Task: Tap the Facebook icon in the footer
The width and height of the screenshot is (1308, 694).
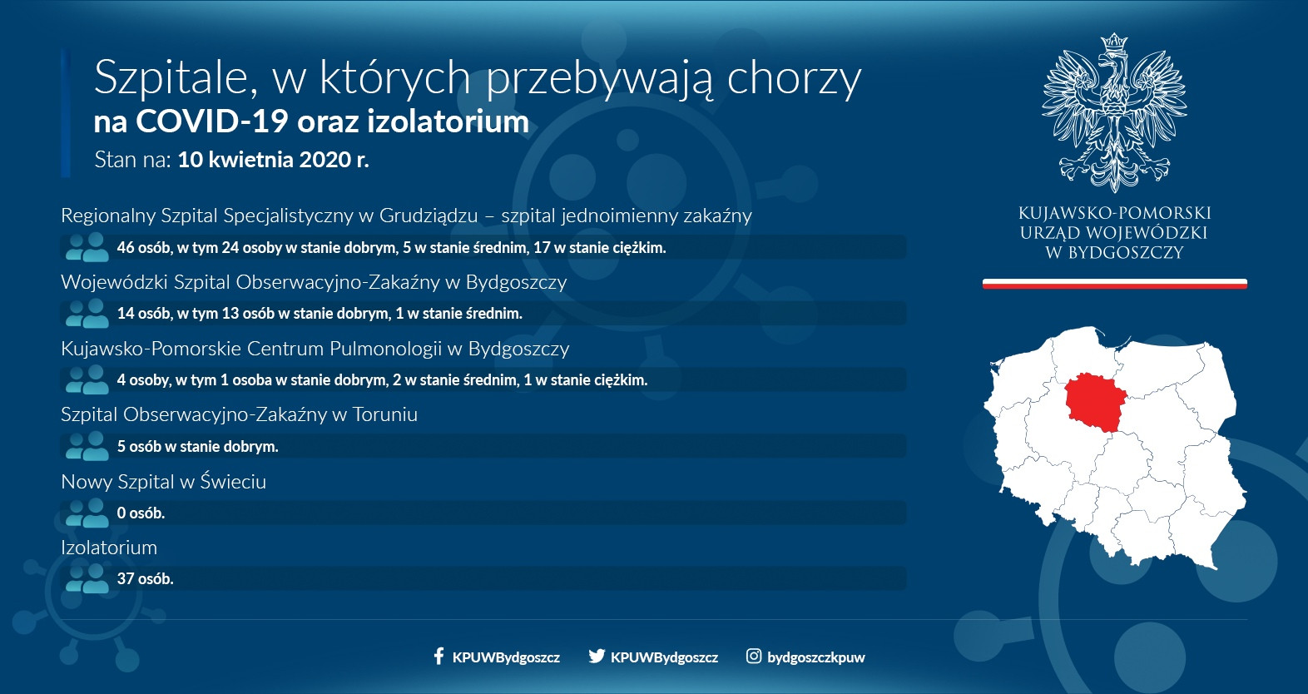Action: pos(439,656)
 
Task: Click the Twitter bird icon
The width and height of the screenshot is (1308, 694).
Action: pos(597,656)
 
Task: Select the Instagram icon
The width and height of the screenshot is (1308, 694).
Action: pos(754,656)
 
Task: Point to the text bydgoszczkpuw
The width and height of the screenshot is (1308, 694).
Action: pos(815,657)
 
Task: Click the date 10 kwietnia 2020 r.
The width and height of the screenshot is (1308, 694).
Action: pos(273,160)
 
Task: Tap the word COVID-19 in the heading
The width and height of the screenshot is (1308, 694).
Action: pos(212,121)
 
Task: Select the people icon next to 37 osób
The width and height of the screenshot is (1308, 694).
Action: pos(87,578)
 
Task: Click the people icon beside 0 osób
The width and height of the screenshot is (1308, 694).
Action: pos(87,513)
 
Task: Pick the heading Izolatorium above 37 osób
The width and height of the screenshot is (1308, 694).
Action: pos(109,548)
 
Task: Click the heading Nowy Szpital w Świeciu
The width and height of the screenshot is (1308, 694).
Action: pos(163,481)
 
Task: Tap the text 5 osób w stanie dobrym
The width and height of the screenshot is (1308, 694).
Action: pos(197,446)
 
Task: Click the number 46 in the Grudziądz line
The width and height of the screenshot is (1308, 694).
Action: pos(125,247)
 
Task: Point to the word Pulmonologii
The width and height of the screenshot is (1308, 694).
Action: pos(385,349)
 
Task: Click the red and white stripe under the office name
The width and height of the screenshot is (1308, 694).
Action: pos(1115,284)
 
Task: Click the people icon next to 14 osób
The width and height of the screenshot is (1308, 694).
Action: pos(87,313)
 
